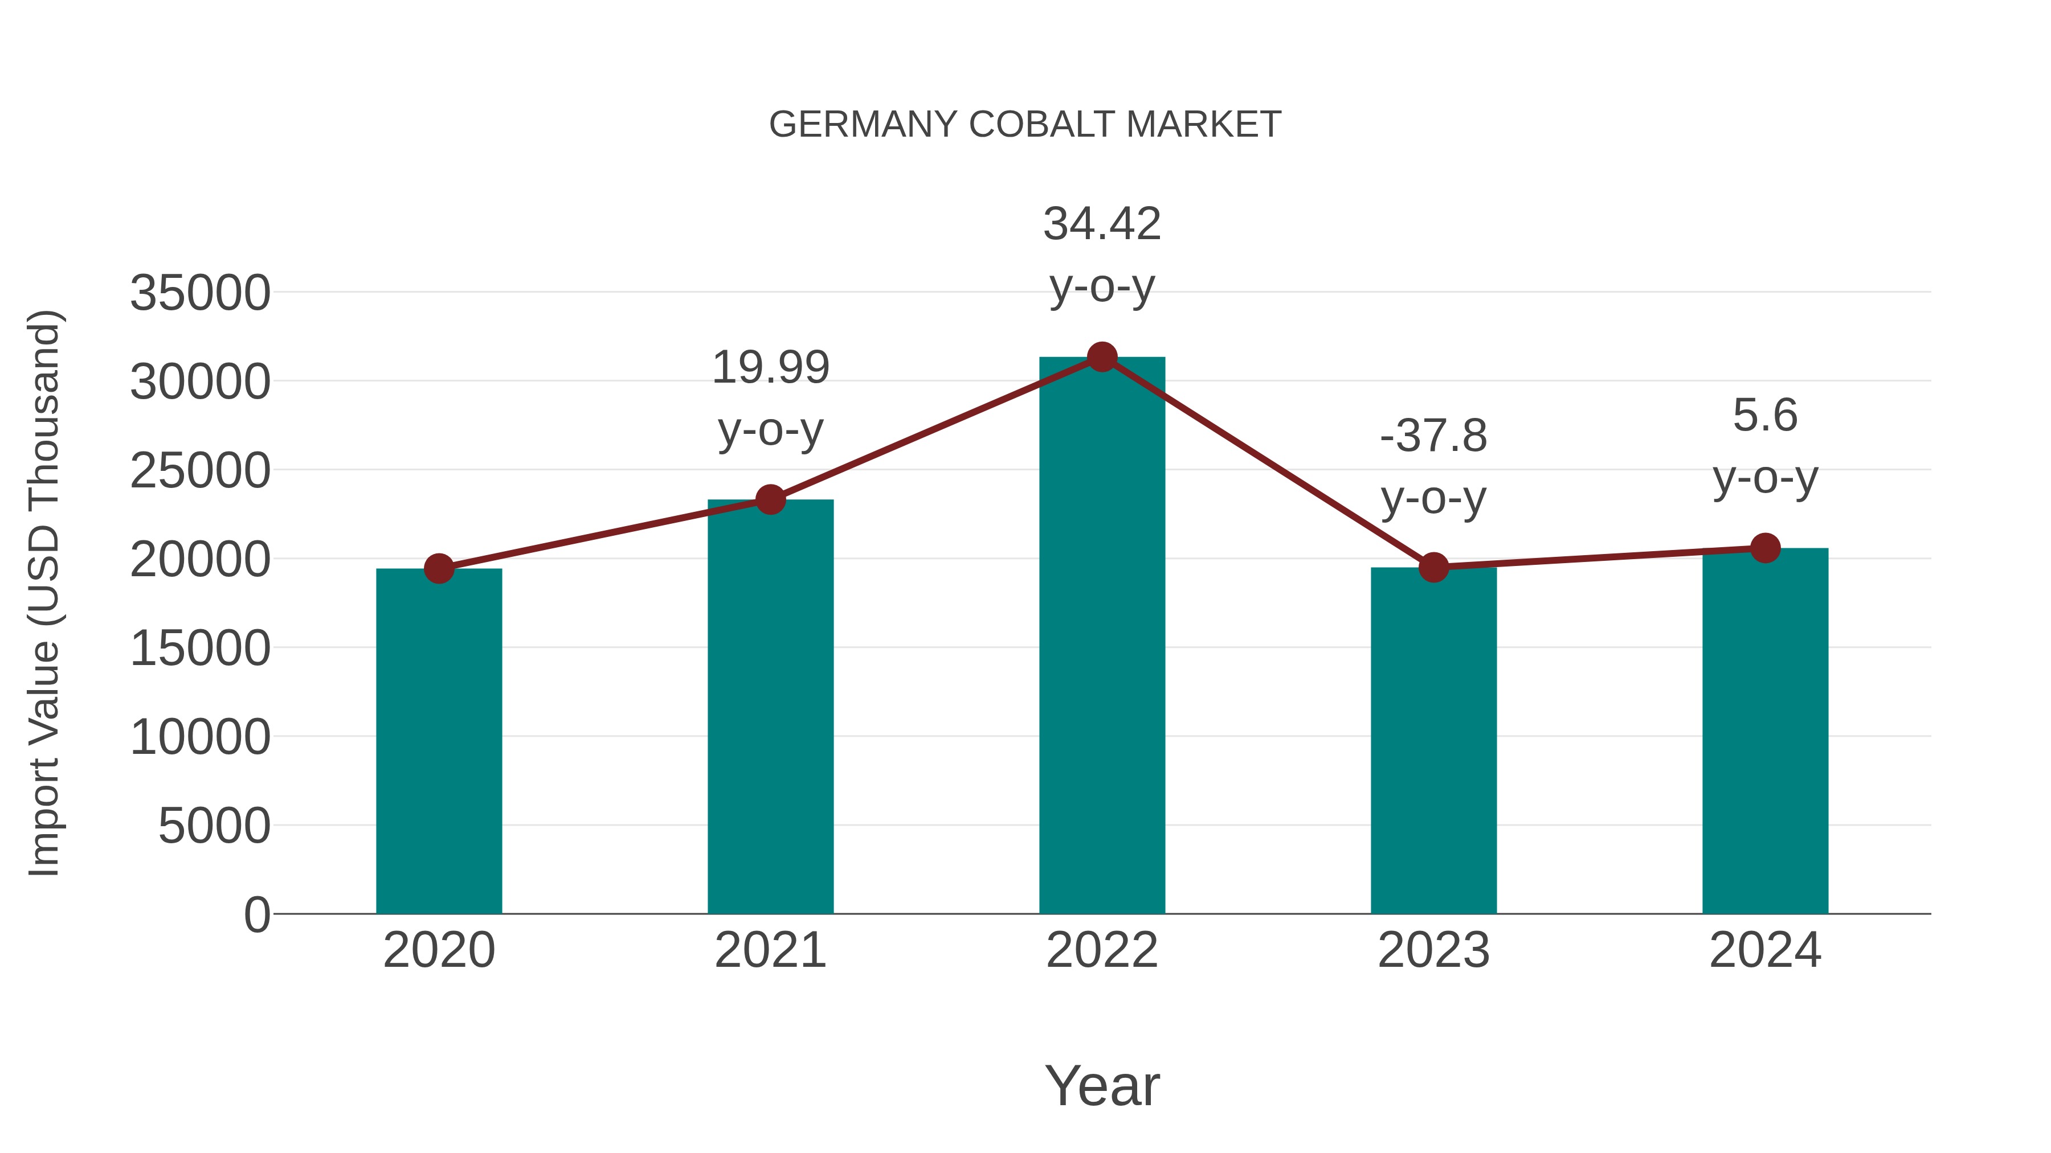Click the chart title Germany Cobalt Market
1025,125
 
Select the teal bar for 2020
439,740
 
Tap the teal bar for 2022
1102,637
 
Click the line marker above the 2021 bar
770,500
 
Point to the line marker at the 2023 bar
1433,567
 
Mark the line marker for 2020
439,568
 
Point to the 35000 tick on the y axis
200,293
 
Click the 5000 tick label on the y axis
214,826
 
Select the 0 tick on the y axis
256,914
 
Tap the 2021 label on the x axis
770,950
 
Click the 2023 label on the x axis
1433,950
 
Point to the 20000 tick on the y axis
200,559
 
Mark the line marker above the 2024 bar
1765,547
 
